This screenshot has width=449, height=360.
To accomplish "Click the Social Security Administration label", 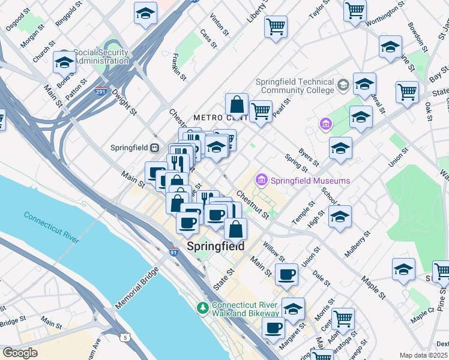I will (x=100, y=56).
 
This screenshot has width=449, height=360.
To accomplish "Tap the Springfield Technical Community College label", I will (x=294, y=86).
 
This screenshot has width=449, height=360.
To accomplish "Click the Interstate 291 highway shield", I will (x=100, y=91).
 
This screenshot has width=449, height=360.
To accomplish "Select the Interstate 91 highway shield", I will (x=173, y=253).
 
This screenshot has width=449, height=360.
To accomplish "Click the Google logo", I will (x=20, y=353).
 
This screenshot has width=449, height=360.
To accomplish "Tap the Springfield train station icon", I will (x=154, y=148).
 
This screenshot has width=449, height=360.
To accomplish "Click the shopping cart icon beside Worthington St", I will (x=355, y=10).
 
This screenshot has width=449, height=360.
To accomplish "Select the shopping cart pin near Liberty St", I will (x=276, y=26).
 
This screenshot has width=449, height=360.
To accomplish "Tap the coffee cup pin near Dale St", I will (x=286, y=274).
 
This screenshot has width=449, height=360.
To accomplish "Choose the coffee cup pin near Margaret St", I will (x=273, y=328).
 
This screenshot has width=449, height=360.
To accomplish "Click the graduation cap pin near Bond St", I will (x=64, y=61).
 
